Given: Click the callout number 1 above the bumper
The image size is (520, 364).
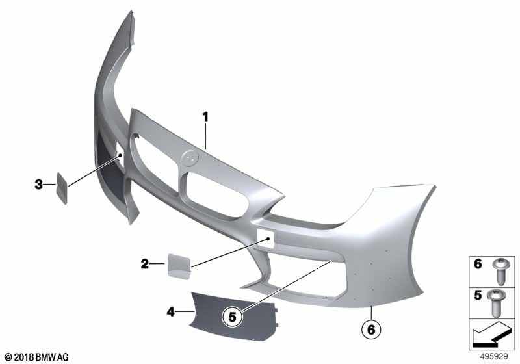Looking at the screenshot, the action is (x=205, y=117).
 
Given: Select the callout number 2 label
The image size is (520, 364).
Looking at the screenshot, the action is (x=144, y=264).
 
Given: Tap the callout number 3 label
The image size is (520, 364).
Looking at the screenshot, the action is (x=39, y=185).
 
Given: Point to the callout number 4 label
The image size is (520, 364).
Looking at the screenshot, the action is (x=170, y=311).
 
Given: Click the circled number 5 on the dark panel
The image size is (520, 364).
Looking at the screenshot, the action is (x=232, y=317).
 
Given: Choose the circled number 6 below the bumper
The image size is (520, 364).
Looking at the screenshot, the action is (x=371, y=330).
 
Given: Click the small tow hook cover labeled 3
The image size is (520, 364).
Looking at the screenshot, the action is (x=62, y=188).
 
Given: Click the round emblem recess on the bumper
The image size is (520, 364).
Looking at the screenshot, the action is (x=189, y=157).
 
